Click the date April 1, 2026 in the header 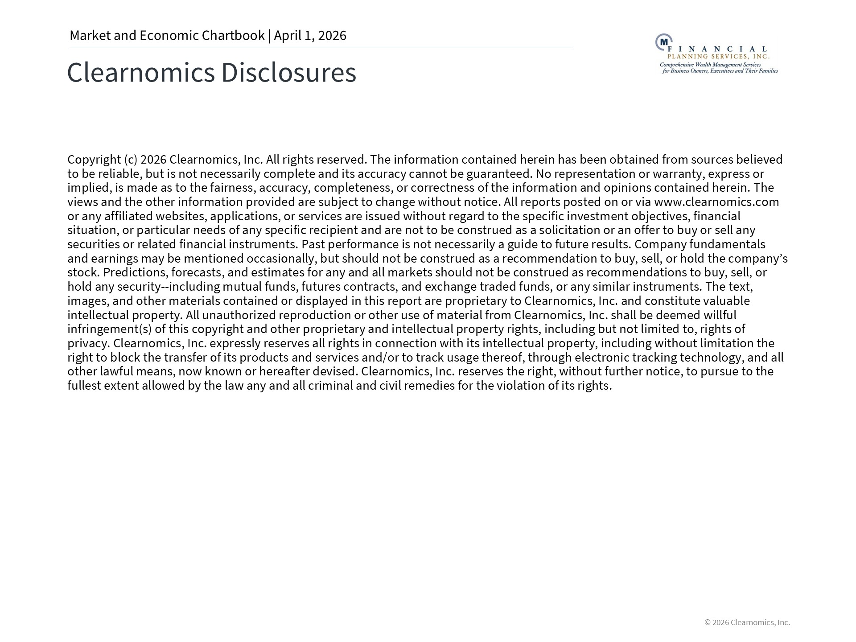tap(310, 36)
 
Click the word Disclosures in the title tap(288, 72)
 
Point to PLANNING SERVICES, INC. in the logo tap(718, 57)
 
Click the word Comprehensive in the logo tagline tap(677, 65)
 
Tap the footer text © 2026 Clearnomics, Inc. tap(747, 622)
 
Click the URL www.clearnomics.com tap(716, 202)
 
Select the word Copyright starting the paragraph tap(94, 160)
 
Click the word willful tap(720, 315)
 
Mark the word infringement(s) tap(110, 329)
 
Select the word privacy tap(88, 343)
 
